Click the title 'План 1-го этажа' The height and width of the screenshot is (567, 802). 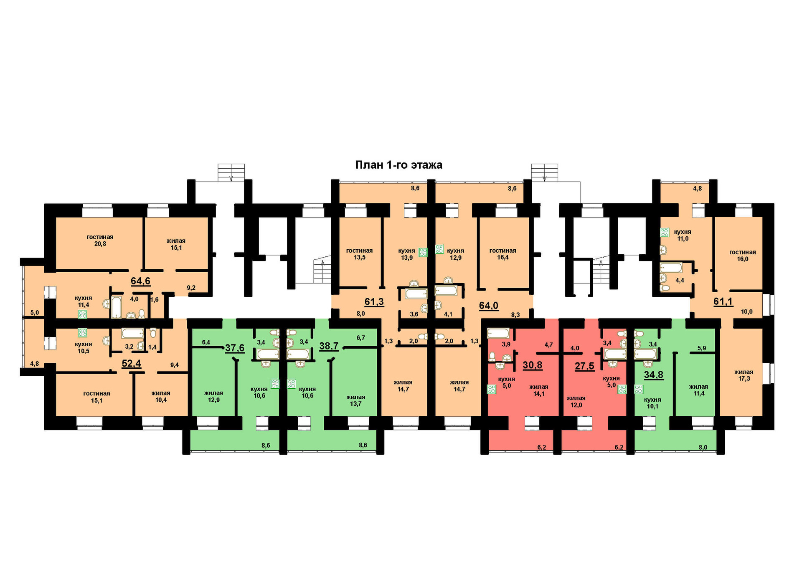(398, 165)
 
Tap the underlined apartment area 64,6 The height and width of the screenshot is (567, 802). (140, 281)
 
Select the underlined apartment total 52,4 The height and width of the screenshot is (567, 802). (131, 364)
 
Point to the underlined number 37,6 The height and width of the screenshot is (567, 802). (235, 348)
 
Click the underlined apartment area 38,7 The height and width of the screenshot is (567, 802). (329, 347)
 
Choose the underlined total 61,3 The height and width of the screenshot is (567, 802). (374, 302)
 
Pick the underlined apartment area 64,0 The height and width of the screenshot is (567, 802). (488, 306)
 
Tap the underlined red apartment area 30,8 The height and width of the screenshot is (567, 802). (532, 365)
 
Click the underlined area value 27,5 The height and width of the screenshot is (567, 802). (584, 367)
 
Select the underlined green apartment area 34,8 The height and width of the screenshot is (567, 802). (653, 375)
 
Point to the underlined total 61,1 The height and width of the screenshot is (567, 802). (723, 301)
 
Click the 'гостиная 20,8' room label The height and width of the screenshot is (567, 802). (100, 240)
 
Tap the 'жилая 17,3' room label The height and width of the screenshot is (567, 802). (744, 375)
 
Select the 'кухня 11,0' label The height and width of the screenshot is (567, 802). (683, 235)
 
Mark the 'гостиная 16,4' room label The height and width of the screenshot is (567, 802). (503, 254)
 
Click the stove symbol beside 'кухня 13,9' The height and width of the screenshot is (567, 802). (423, 252)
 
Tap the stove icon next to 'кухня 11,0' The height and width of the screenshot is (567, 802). (665, 232)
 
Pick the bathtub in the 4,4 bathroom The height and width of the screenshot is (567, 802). (671, 268)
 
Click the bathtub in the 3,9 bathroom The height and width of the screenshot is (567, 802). (498, 333)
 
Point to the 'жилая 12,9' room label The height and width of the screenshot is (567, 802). (213, 396)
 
